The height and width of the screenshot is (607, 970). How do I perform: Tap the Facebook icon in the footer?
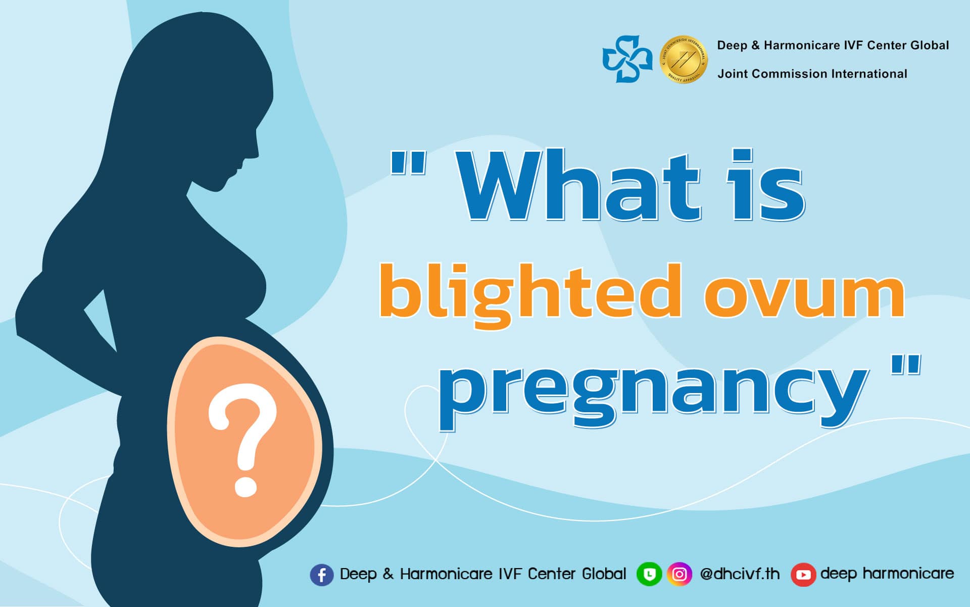[x=322, y=575]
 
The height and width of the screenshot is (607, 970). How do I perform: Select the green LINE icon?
[x=649, y=575]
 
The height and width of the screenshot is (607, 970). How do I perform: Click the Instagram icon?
[x=680, y=575]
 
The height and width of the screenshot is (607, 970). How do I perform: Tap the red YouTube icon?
[x=803, y=575]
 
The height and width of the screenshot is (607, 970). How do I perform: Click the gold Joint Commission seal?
[x=684, y=59]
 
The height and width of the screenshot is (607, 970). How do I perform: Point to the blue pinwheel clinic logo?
[x=627, y=59]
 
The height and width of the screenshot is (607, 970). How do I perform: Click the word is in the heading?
[x=765, y=186]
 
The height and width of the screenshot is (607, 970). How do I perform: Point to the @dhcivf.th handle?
[x=740, y=574]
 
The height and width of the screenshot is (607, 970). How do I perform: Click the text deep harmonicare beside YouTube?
[x=887, y=574]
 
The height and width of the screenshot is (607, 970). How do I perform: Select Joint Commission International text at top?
[x=812, y=74]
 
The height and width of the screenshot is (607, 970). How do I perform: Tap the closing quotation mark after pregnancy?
[x=905, y=365]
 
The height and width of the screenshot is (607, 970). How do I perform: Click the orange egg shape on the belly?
[x=245, y=442]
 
